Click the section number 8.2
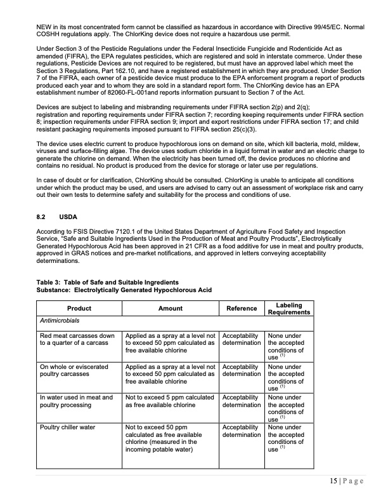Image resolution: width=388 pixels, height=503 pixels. point(41,217)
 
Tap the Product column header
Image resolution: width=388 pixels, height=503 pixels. point(79,309)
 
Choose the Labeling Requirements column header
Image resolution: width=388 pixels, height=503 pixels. point(289,309)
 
